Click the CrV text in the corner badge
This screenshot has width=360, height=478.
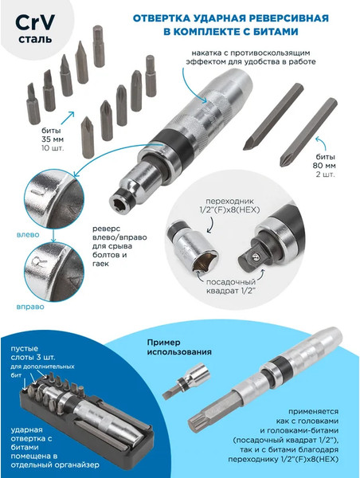coord(35,22)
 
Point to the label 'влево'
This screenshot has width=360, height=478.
coord(28,235)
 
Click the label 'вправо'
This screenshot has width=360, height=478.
coord(30,307)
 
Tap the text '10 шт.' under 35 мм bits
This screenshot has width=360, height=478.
coord(53,148)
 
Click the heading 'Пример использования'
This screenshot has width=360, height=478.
coord(179,347)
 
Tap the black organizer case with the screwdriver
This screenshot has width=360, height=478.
coord(87,417)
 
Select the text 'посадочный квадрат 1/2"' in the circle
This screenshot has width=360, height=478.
coord(231,286)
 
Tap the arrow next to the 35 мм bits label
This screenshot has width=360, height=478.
coord(68,118)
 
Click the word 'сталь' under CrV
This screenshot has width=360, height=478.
coord(35,39)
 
